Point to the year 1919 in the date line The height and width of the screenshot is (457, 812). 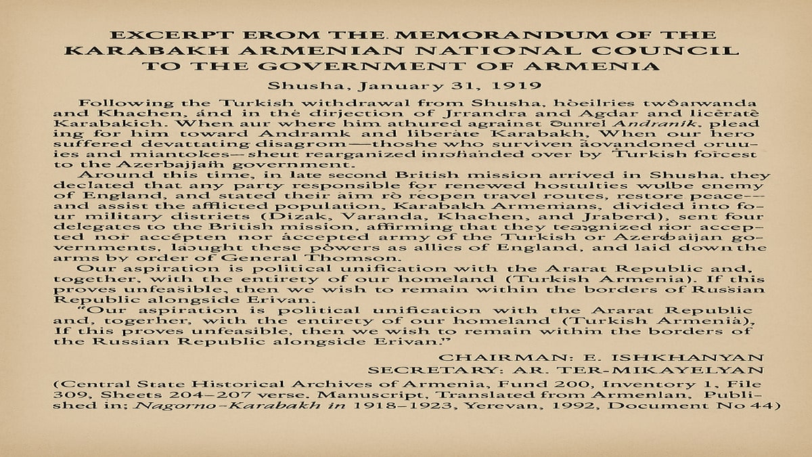503,86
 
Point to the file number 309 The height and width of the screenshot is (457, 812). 66,395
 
